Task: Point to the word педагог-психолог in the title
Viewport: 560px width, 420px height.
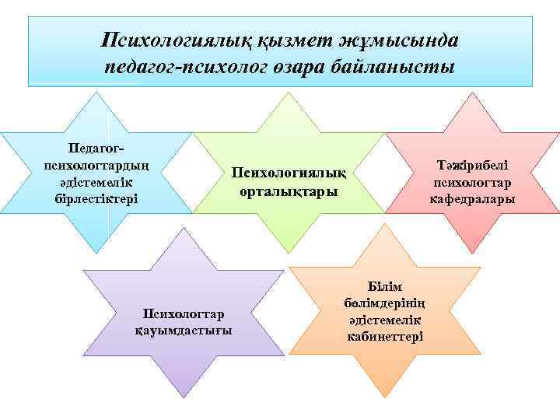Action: pos(189,66)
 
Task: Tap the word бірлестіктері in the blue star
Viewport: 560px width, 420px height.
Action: pos(95,198)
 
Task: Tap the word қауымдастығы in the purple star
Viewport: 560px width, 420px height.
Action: pos(183,330)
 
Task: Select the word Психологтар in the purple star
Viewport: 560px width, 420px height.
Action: pos(183,313)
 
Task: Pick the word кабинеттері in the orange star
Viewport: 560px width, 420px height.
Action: pos(385,336)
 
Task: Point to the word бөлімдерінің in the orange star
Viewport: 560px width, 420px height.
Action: pos(385,303)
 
